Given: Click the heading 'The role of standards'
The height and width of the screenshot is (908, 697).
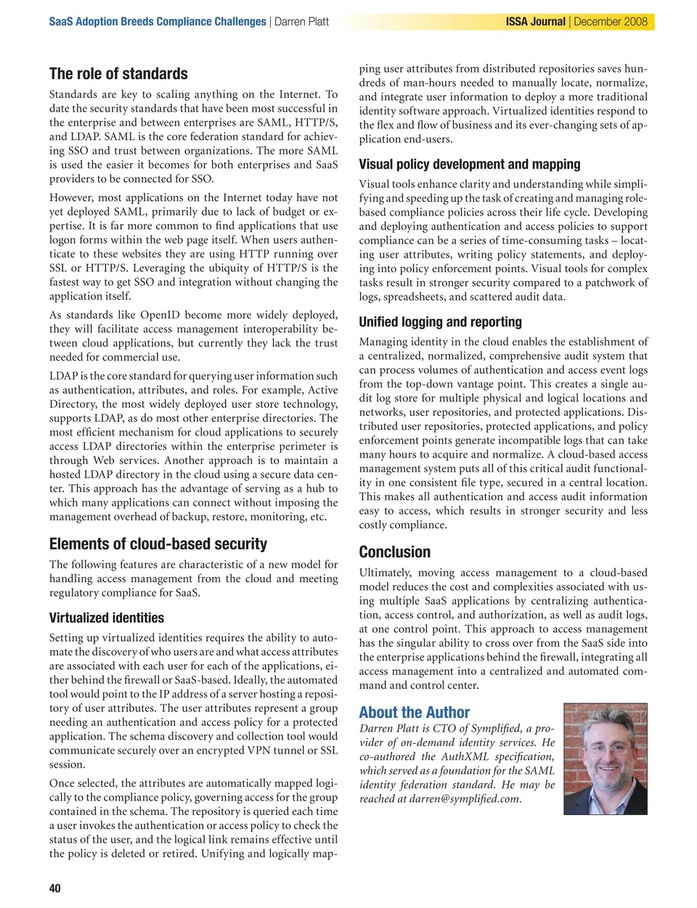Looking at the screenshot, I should coord(118,74).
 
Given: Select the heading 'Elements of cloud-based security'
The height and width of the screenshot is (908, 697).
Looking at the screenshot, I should coord(158,544).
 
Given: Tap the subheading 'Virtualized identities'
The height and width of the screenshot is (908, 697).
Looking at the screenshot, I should coord(107,618).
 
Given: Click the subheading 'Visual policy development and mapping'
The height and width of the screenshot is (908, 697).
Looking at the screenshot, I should coord(470,165).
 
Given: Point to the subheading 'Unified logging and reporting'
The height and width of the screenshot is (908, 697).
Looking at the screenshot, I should coord(440,322).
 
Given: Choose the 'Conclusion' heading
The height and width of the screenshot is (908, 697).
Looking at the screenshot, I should coord(395,552).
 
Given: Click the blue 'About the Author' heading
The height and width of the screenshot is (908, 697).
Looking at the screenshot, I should coord(415,713).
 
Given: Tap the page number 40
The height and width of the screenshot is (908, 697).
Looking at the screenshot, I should coord(55,888).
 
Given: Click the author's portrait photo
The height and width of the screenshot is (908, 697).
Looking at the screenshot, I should coord(606,758).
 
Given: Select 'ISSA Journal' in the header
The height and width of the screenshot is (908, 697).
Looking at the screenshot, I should coord(536,22).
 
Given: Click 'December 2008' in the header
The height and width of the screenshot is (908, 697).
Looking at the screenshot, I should coord(611,22).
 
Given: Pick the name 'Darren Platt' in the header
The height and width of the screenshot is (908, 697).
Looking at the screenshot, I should coord(301,22).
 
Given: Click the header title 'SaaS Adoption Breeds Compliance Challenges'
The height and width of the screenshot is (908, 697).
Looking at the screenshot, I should coord(158,22).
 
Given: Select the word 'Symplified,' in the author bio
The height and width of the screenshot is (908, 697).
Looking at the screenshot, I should coord(494,729).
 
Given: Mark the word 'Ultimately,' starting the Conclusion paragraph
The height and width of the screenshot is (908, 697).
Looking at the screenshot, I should coord(386,573).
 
